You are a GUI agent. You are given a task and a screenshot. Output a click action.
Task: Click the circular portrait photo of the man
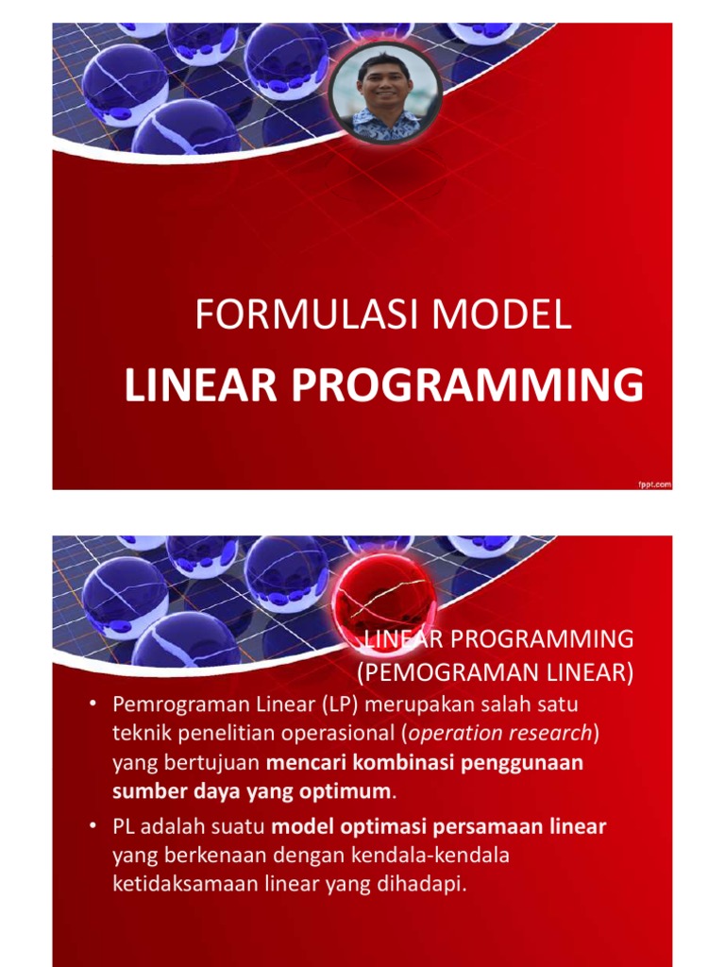(385, 92)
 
